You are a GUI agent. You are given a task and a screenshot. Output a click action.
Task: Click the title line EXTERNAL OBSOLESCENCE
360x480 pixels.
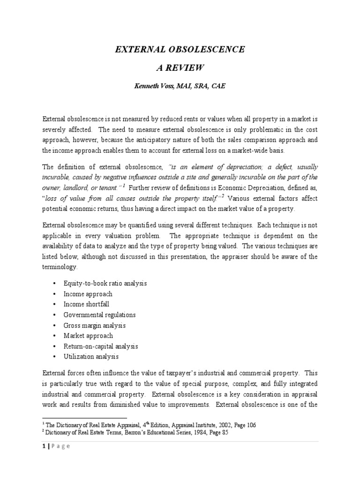tap(180, 50)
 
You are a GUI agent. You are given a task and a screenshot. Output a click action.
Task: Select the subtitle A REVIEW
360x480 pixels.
tap(180, 68)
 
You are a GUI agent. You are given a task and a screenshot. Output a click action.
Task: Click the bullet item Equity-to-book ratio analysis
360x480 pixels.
tap(105, 284)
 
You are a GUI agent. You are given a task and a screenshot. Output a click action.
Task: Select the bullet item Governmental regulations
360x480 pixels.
tap(99, 315)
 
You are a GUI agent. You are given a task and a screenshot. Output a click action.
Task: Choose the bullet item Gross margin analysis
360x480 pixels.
tap(95, 325)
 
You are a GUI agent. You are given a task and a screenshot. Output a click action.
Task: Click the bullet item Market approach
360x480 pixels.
tap(88, 336)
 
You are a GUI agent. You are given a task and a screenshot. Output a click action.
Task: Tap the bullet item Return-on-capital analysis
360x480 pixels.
tap(101, 346)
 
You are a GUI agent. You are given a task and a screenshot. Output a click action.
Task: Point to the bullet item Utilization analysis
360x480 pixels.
tap(91, 357)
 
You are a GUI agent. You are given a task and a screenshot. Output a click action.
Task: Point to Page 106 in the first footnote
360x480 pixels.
tap(247, 425)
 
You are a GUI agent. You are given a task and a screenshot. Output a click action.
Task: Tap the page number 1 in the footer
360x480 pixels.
tap(44, 446)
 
